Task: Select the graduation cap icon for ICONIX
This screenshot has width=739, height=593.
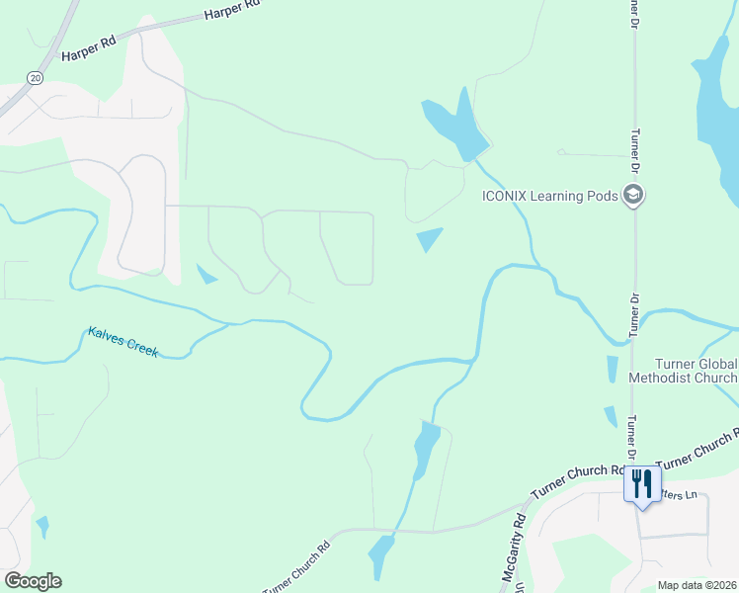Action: click(x=633, y=196)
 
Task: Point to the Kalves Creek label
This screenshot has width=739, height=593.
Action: click(x=123, y=342)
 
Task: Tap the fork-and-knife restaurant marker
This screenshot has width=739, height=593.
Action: click(x=642, y=484)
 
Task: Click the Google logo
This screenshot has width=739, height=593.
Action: click(x=33, y=581)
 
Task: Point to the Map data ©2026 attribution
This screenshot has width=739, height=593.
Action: click(x=698, y=585)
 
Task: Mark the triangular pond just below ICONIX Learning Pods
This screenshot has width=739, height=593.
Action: click(x=429, y=238)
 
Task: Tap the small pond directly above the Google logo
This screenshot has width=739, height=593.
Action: click(x=42, y=527)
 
